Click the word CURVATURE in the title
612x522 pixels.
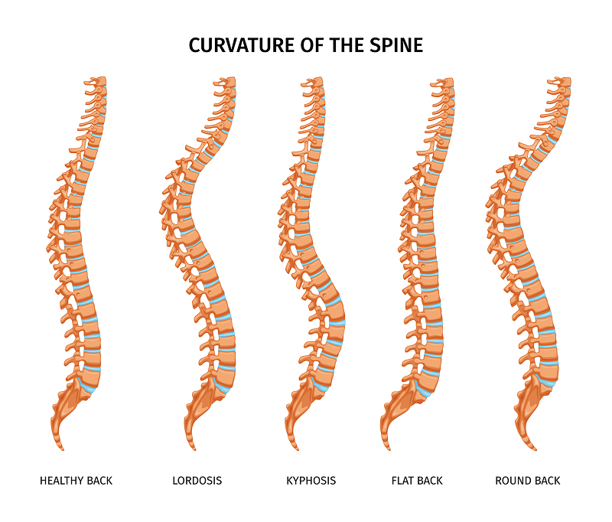[x=234, y=45]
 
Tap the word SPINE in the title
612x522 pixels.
[x=395, y=45]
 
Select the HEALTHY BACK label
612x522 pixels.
[x=76, y=481]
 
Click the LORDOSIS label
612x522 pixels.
[x=197, y=481]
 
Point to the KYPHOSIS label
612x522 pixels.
[x=311, y=481]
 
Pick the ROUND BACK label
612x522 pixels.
[x=528, y=481]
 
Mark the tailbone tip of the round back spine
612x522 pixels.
[x=535, y=449]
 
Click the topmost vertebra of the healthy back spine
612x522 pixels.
[x=98, y=81]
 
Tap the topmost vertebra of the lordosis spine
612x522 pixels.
[x=227, y=81]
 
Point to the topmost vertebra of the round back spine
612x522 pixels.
[x=563, y=81]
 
